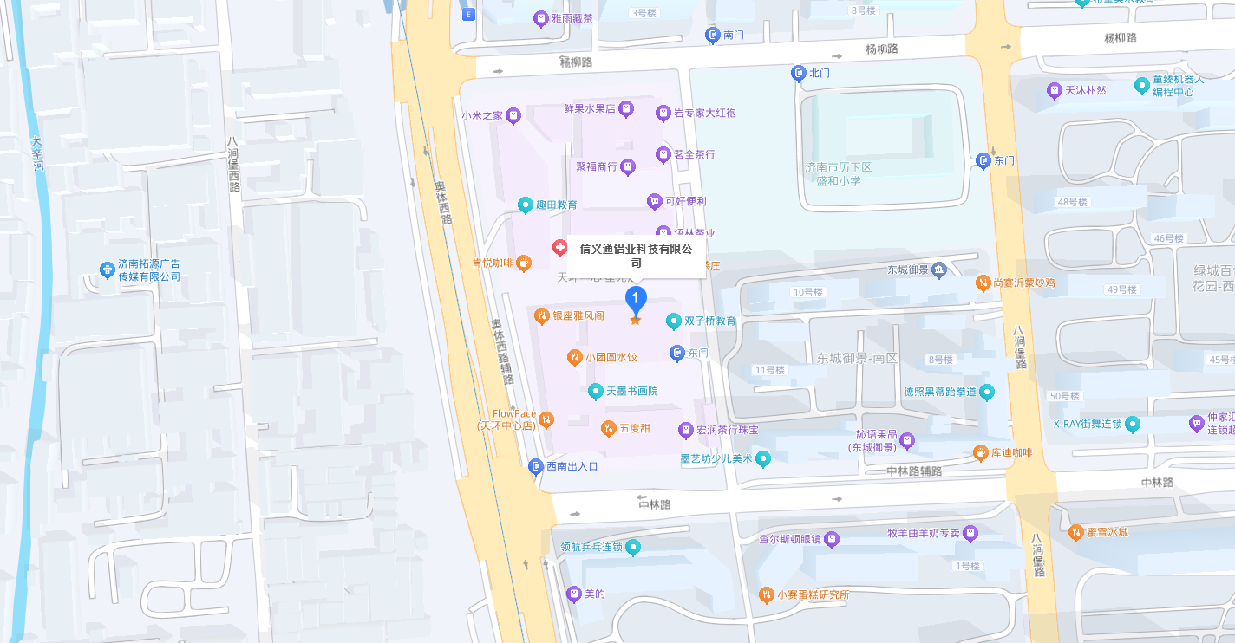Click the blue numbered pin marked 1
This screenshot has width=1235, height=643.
pos(636,299)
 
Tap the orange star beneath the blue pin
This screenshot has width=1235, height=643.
pos(636,321)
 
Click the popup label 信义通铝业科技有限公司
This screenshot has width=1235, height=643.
pos(636,256)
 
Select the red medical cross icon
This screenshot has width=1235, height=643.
pos(561,248)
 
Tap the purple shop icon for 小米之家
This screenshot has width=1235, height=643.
pos(513,114)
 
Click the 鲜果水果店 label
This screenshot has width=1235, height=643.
pos(589,108)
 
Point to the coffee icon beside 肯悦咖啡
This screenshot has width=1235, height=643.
pos(524,263)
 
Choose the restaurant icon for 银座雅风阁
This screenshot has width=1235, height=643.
pos(542,315)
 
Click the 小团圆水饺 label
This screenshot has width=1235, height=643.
pos(611,357)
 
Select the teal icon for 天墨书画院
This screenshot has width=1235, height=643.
pos(595,391)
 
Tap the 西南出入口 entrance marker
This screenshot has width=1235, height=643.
pos(536,466)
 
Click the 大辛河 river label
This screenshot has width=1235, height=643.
pos(36,153)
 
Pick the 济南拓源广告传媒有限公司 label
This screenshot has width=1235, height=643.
pos(149,270)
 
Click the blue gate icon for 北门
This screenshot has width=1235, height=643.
pos(799,74)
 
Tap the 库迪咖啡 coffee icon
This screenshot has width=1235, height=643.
pos(980,452)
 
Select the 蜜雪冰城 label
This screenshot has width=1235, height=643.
pos(1107,532)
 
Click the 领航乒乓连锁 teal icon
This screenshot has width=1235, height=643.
pos(634,547)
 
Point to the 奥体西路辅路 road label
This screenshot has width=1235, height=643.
pos(502,352)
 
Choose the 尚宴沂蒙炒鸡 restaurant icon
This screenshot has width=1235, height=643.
pos(983,283)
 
